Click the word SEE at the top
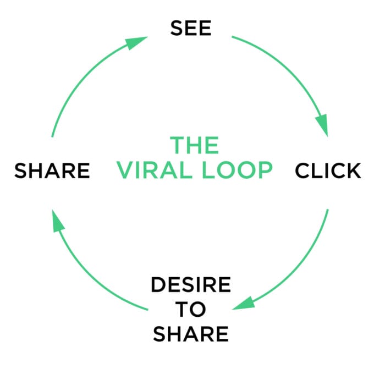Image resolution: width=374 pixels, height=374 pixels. tap(191, 29)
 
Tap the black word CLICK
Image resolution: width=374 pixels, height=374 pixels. tap(328, 171)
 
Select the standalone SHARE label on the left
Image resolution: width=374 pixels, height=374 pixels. tap(52, 171)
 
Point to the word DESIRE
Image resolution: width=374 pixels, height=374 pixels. tap(191, 285)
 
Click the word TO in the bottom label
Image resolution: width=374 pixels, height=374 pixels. tap(191, 309)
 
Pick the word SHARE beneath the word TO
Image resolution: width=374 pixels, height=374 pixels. tap(191, 333)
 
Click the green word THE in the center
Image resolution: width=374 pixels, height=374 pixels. tap(194, 146)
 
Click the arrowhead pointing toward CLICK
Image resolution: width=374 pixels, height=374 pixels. tap(321, 125)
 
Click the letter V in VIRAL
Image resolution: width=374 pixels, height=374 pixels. tap(124, 171)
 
